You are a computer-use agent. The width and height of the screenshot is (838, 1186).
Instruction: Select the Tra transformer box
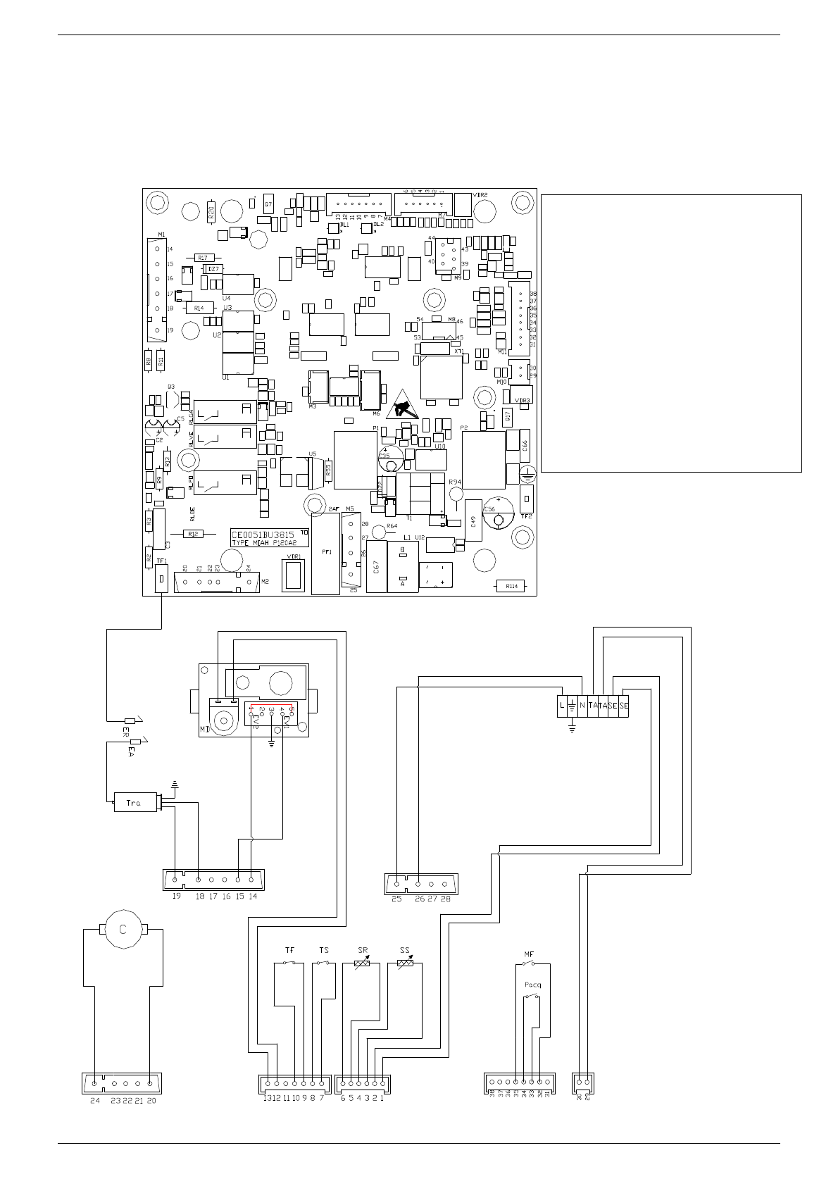pos(135,803)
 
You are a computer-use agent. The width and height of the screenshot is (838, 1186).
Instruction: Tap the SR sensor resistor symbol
pos(362,963)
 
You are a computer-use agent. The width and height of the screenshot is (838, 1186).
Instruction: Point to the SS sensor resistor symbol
pos(405,963)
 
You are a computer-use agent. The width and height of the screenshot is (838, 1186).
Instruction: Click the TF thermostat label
pos(289,950)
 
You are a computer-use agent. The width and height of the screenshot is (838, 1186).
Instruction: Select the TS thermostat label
pos(323,950)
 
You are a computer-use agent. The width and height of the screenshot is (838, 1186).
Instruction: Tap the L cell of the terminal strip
pos(561,706)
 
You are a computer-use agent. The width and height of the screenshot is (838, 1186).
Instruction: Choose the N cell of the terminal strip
pos(582,706)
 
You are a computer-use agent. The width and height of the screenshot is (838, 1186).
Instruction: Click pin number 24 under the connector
pos(94,1101)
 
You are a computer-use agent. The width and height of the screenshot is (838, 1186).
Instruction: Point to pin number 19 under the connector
pos(176,897)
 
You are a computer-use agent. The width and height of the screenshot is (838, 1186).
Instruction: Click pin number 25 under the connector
pos(396,899)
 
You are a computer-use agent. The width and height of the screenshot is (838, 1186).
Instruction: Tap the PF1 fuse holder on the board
pos(325,554)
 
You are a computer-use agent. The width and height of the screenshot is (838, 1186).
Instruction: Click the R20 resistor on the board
pos(211,212)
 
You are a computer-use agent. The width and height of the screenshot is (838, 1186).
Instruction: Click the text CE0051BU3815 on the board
pos(263,535)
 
